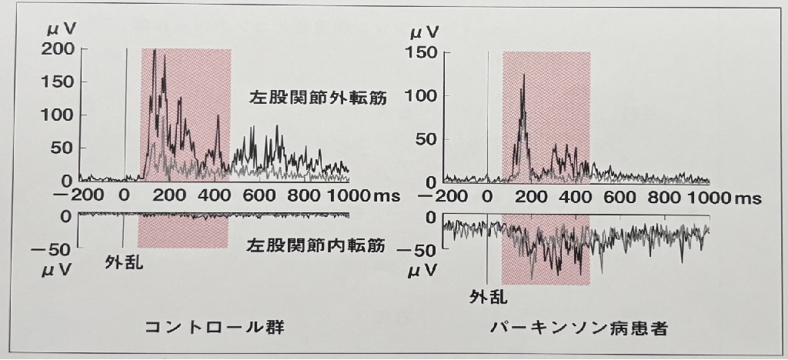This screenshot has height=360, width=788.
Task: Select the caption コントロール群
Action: (215, 328)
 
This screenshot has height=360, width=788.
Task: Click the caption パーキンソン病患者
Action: (579, 329)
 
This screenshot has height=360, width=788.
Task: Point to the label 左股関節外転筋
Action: (318, 98)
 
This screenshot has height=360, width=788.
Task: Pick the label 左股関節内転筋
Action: (316, 245)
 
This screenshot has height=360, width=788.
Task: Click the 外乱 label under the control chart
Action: (124, 262)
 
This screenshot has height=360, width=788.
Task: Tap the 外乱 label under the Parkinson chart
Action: (489, 297)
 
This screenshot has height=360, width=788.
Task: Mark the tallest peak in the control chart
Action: (154, 50)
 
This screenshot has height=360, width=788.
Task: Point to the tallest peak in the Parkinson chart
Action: (523, 75)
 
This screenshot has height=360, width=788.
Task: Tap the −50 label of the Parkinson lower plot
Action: (417, 251)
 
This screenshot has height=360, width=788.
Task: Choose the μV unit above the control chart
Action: (62, 29)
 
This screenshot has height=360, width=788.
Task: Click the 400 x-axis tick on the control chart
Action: (216, 195)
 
